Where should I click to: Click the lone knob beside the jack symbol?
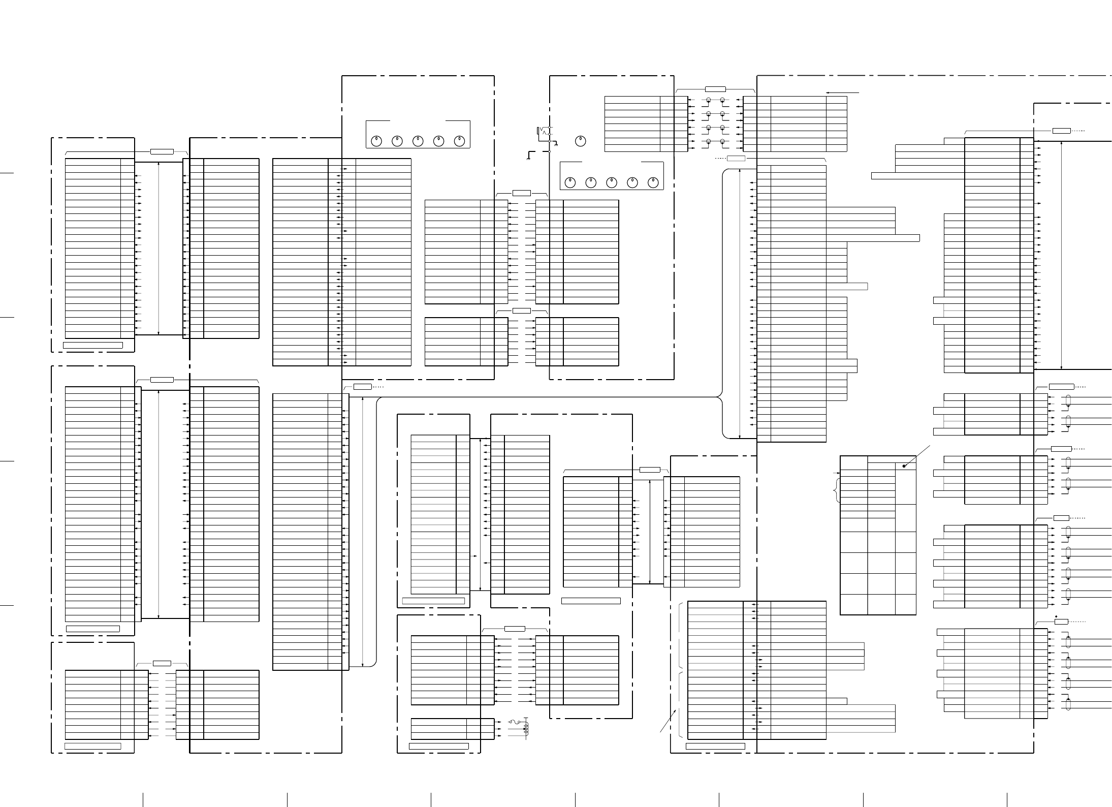tap(581, 141)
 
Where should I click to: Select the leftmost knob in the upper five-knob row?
tap(376, 141)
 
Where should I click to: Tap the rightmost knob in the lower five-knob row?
tap(653, 182)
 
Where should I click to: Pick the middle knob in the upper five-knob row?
tap(418, 141)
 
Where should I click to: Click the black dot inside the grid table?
tap(904, 466)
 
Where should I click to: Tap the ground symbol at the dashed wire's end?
tap(530, 158)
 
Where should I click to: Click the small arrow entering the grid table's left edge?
tap(837, 473)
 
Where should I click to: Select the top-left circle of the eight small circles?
tap(708, 100)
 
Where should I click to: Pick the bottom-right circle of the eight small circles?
tap(722, 141)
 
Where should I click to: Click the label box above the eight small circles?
tap(715, 89)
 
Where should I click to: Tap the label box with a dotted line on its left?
tap(736, 159)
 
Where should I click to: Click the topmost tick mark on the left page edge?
tap(6, 173)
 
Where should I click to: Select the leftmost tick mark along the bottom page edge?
tap(143, 799)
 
